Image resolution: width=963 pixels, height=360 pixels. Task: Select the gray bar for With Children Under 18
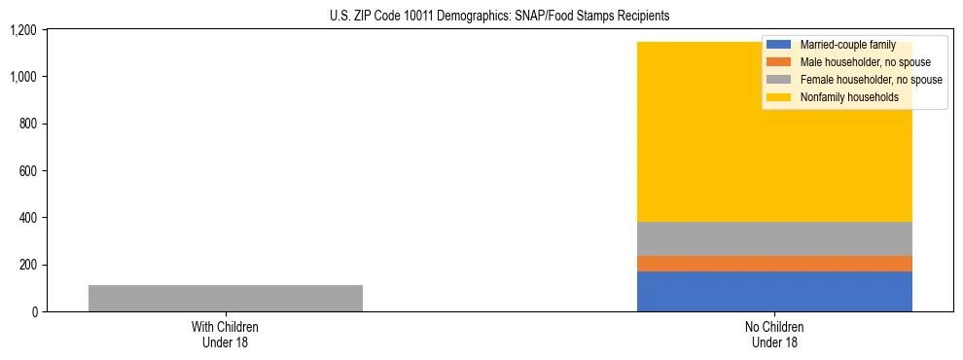[x=225, y=298]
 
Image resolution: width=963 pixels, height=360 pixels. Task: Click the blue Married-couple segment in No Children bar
[x=774, y=291]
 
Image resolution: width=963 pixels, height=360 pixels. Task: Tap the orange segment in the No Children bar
[x=774, y=264]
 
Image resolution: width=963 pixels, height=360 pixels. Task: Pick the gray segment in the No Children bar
[x=774, y=238]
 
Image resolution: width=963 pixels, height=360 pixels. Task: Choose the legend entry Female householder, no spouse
[x=871, y=80]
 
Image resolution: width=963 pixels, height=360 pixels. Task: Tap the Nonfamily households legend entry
[x=849, y=97]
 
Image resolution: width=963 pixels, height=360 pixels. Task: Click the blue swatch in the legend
[x=780, y=45]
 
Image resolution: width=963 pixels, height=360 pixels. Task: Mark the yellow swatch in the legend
[x=780, y=97]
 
